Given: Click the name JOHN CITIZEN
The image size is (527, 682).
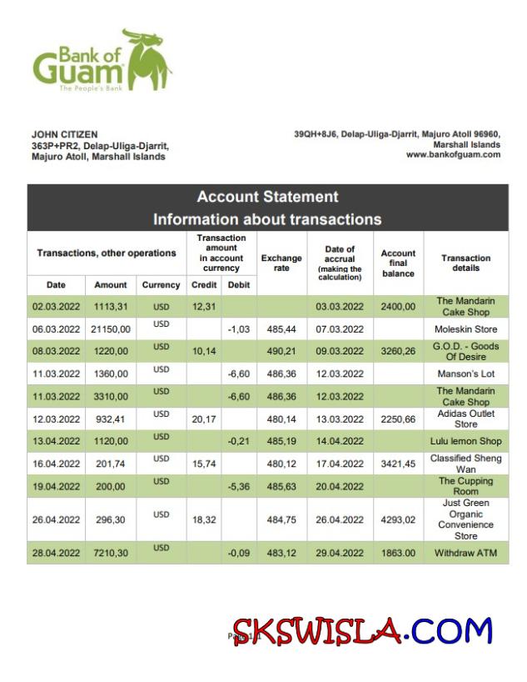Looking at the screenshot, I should (64, 134).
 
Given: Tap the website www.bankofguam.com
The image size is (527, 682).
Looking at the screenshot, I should (453, 154).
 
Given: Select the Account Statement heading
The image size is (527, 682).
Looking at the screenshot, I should (267, 197).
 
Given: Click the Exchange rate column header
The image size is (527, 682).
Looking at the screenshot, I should (281, 263).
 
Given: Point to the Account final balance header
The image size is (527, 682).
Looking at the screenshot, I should (398, 263).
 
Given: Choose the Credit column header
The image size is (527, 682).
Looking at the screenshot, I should (204, 285).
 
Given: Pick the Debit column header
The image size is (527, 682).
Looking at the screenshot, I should (238, 285).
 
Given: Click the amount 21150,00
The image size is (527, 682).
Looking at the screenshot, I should (111, 329).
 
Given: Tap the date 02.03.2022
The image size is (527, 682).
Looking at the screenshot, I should (56, 307).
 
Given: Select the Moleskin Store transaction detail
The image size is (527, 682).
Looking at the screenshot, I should (466, 329).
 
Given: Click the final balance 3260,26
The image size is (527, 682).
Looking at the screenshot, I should (398, 352).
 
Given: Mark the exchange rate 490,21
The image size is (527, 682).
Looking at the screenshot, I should (281, 352).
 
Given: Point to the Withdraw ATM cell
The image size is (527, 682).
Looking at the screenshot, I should (466, 553).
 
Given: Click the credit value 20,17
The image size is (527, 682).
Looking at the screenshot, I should (204, 419).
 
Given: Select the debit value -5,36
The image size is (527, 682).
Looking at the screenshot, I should (238, 486).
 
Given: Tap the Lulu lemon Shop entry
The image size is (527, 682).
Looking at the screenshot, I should (466, 441).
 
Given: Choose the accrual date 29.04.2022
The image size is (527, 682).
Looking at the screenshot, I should (340, 553).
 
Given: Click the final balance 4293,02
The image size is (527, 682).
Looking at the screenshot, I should (398, 519).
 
